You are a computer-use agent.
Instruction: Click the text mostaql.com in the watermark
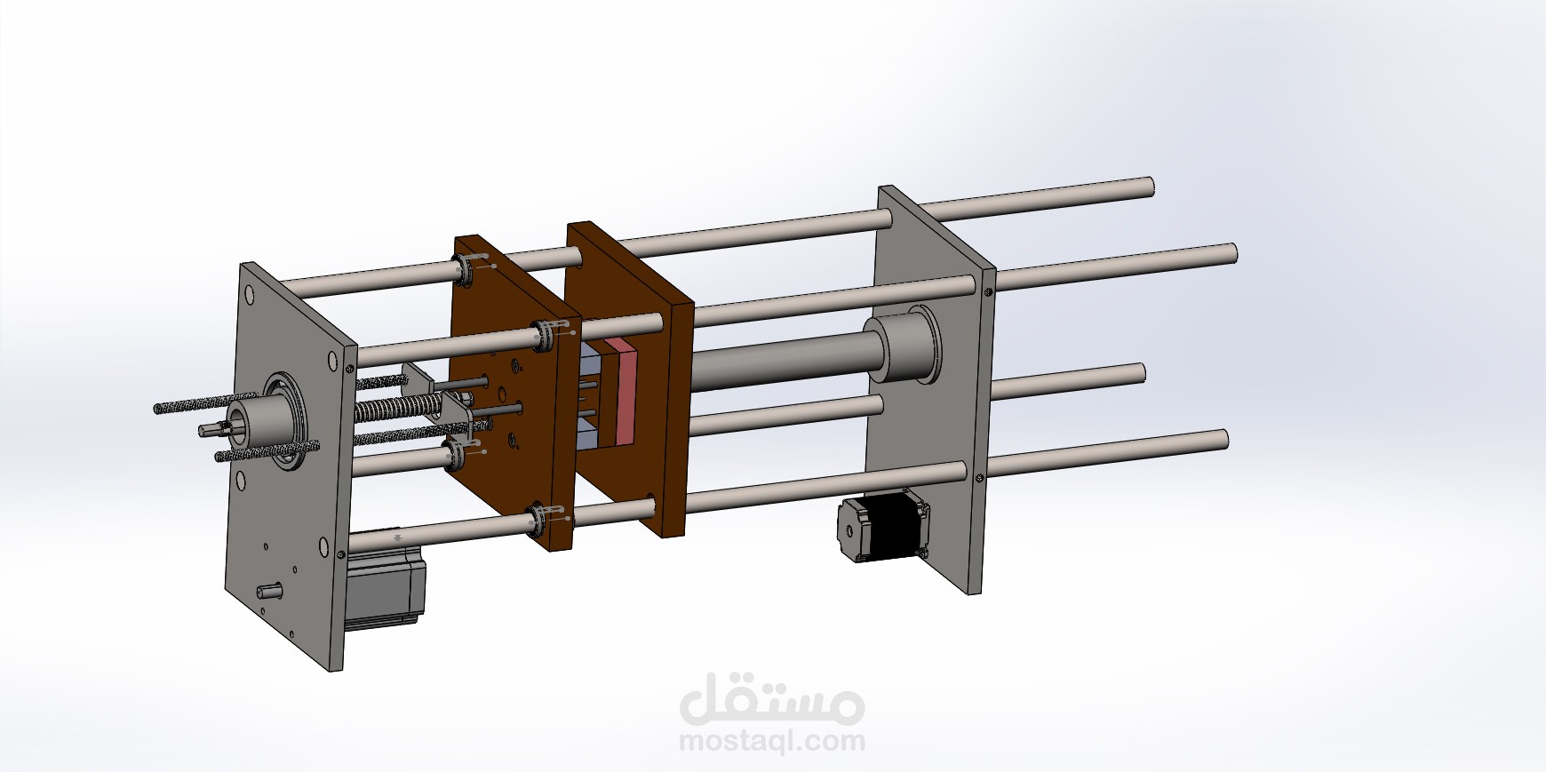click(x=771, y=740)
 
